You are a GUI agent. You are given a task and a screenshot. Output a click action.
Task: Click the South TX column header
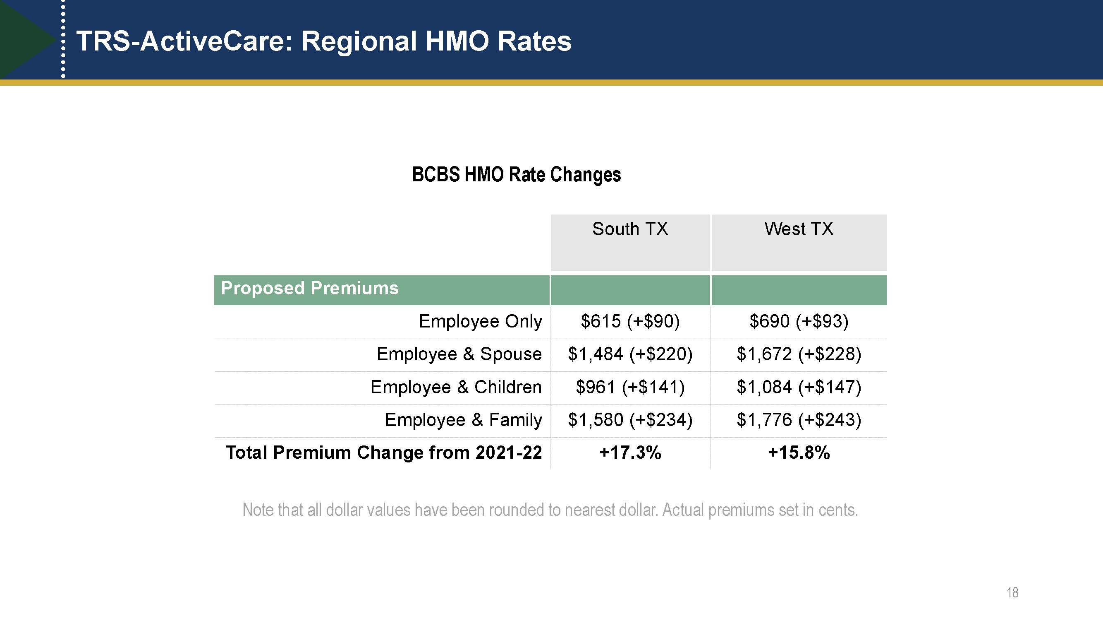630,229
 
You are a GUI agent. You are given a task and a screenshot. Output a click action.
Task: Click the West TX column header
799,229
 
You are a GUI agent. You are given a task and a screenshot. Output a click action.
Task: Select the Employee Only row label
480,321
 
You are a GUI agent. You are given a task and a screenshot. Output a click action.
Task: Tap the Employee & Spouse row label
459,354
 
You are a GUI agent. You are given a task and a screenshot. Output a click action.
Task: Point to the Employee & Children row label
456,387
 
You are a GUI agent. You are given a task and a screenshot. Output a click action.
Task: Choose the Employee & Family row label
463,419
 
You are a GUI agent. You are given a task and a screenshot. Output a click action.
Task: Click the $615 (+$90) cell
630,321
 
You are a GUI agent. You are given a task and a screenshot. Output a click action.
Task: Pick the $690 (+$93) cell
799,321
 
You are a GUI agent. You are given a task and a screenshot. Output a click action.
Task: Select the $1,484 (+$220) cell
630,354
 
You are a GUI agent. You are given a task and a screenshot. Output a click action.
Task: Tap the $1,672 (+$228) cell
799,354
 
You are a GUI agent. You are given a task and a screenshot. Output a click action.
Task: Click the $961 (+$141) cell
630,387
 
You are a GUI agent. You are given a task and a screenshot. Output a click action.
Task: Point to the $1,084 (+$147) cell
799,387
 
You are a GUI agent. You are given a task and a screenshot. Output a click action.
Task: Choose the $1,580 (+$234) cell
630,419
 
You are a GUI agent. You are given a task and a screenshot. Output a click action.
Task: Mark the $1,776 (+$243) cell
799,419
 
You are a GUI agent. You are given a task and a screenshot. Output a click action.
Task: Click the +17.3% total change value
630,453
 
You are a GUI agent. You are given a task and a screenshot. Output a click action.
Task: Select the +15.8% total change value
799,453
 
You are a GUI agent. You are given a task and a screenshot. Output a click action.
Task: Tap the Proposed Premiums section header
310,289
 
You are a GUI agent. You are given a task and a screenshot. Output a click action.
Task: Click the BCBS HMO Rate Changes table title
517,175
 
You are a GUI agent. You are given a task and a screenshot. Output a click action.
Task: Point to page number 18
1012,593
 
